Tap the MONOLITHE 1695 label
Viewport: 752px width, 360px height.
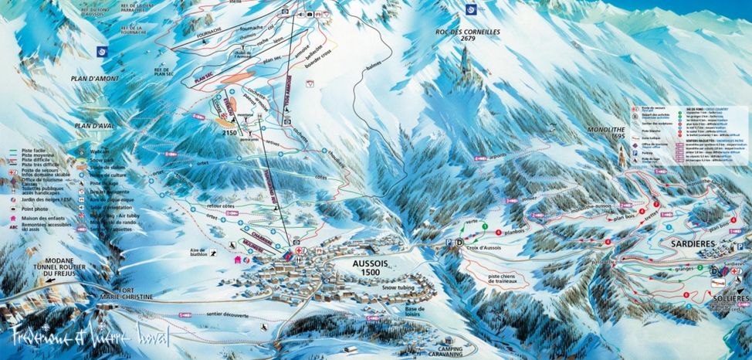click(x=605, y=133)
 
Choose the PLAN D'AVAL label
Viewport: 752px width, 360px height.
click(x=96, y=125)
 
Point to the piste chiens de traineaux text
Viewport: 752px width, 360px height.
click(x=492, y=278)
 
